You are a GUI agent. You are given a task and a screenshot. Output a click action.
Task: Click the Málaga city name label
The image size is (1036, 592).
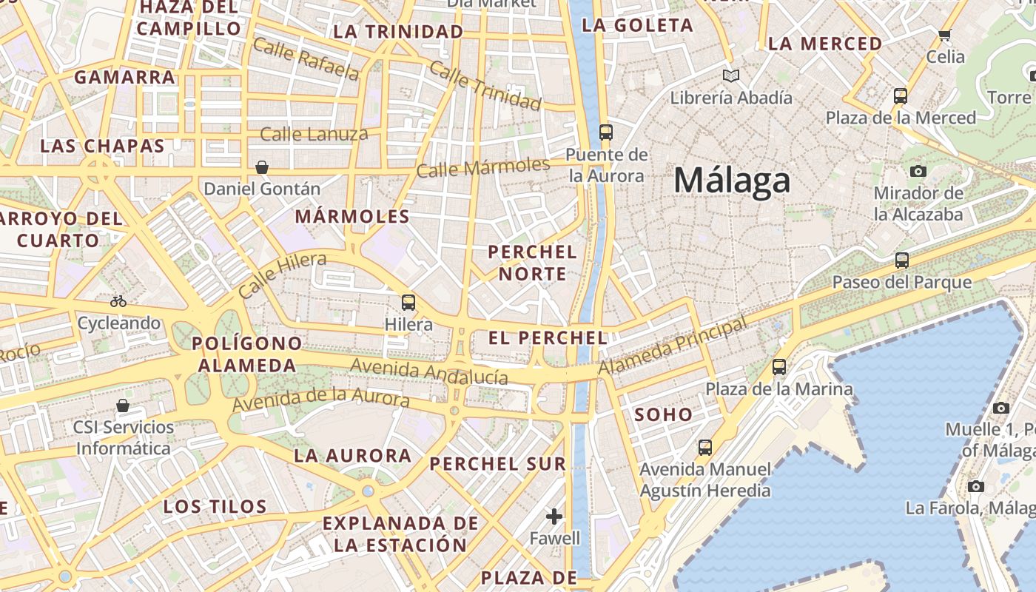click(x=732, y=181)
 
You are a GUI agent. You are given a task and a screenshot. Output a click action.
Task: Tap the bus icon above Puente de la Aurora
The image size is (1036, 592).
click(x=606, y=132)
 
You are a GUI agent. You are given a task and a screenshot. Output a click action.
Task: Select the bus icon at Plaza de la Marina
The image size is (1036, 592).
click(x=778, y=366)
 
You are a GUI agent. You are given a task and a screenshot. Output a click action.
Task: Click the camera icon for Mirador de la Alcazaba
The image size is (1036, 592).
click(x=918, y=171)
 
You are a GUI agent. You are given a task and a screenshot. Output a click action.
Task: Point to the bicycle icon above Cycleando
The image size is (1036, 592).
click(x=118, y=301)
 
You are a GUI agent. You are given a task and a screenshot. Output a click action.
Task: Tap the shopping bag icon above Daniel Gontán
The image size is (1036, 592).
click(x=261, y=167)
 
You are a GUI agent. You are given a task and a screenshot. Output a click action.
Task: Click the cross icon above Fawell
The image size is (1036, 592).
click(x=554, y=516)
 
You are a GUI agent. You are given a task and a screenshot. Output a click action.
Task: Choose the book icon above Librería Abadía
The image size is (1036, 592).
click(x=731, y=75)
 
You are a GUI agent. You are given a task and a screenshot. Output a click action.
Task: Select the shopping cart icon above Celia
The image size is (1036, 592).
click(x=945, y=35)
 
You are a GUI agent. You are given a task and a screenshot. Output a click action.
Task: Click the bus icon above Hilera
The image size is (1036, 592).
click(x=408, y=302)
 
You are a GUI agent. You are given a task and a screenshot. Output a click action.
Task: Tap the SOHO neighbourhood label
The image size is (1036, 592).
click(x=664, y=414)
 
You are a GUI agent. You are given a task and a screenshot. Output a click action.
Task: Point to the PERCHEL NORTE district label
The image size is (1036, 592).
click(x=533, y=263)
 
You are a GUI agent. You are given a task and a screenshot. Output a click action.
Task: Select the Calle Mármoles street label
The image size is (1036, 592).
click(x=483, y=167)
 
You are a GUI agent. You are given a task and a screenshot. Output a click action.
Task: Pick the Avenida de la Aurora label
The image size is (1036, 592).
click(x=320, y=400)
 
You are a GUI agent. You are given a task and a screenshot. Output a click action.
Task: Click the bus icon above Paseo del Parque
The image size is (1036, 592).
click(x=901, y=260)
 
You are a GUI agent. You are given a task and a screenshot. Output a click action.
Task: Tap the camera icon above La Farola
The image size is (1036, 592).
click(x=976, y=486)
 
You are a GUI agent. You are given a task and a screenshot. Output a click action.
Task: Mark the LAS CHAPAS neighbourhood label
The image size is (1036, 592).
click(x=102, y=146)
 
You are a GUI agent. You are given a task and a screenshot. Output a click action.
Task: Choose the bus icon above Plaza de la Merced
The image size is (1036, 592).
click(x=900, y=95)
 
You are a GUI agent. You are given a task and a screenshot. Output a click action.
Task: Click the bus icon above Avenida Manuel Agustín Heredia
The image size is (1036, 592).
click(x=705, y=447)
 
